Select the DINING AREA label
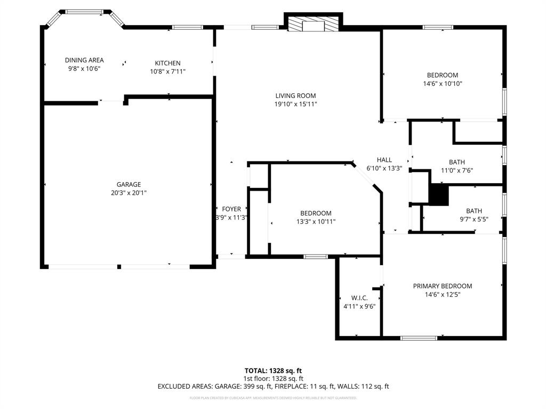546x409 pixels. click(84, 60)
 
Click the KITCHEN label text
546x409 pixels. click(167, 63)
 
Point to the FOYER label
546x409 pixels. click(231, 209)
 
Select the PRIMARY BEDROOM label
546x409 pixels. click(442, 286)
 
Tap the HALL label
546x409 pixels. click(384, 160)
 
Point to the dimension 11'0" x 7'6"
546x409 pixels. click(456, 171)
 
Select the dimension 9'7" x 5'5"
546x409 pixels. click(473, 219)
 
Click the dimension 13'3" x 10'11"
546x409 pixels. click(316, 222)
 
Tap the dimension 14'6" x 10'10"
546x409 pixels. click(442, 84)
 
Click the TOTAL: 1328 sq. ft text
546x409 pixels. click(273, 371)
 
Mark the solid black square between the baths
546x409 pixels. click(439, 194)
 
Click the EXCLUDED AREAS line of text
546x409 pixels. click(273, 387)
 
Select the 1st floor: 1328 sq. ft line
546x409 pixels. click(273, 379)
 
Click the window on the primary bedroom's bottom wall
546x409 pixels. click(419, 337)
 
